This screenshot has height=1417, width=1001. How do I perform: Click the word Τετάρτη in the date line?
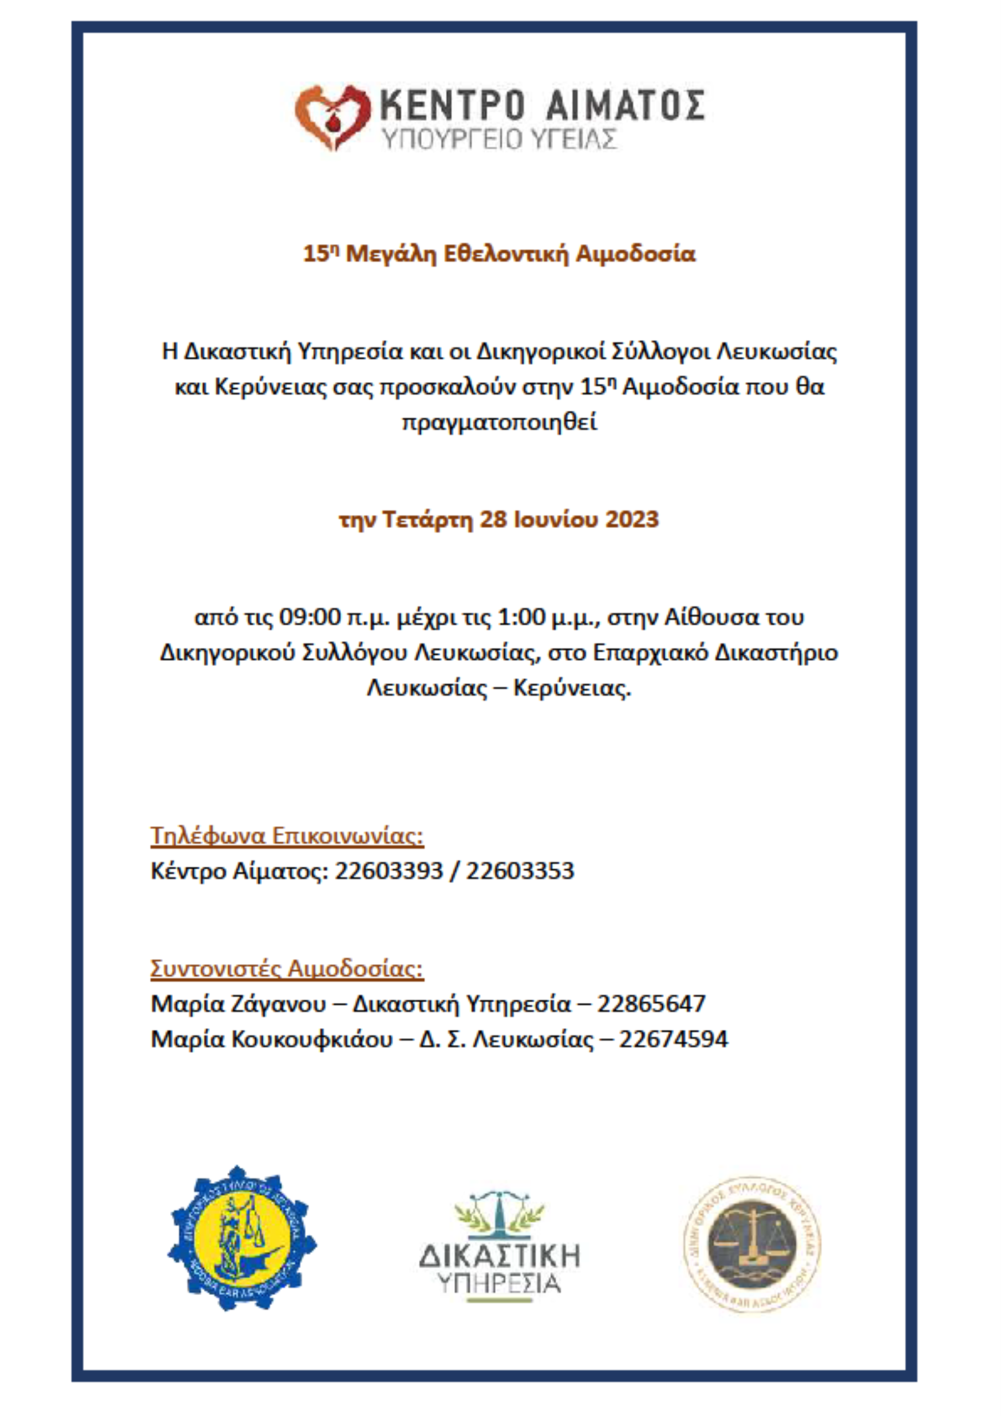click(428, 519)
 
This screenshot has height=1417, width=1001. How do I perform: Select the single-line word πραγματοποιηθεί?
click(500, 423)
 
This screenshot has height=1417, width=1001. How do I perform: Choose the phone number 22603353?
click(520, 871)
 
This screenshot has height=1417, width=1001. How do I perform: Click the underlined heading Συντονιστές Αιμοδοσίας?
click(287, 969)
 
